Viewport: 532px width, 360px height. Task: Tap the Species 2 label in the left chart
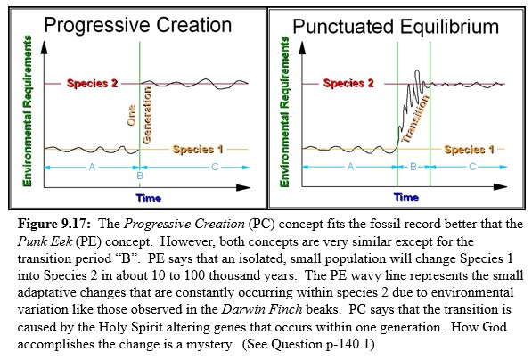click(92, 84)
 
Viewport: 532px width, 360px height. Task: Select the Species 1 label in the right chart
click(468, 150)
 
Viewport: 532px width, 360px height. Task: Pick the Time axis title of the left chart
click(149, 197)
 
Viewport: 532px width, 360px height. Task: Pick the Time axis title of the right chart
click(406, 197)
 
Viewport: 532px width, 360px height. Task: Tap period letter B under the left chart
click(140, 176)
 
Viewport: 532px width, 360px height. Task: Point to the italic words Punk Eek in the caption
click(44, 234)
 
